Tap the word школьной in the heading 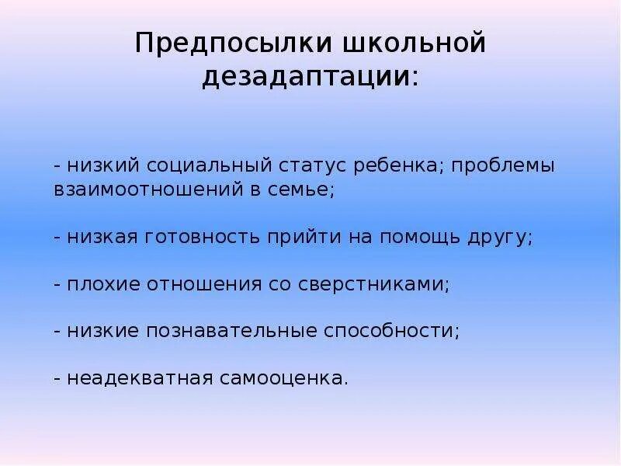pyautogui.click(x=411, y=43)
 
